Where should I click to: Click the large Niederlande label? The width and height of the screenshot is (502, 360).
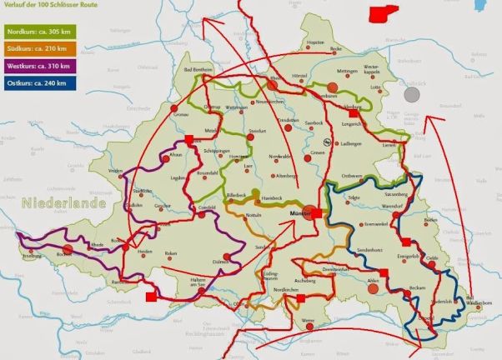pyautogui.click(x=56, y=202)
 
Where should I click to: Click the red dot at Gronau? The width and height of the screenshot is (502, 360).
pyautogui.click(x=175, y=109)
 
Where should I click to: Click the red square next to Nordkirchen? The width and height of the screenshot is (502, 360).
pyautogui.click(x=300, y=297)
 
